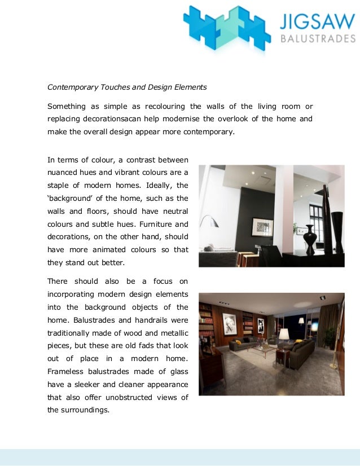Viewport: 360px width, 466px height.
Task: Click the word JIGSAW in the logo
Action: (318, 21)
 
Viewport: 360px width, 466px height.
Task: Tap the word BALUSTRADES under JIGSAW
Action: (318, 39)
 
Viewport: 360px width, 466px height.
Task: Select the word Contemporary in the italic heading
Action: (72, 87)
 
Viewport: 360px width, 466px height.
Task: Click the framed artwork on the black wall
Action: (262, 227)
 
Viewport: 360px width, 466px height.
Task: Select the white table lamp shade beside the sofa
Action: (284, 335)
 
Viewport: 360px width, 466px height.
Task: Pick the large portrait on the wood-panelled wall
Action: (230, 324)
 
